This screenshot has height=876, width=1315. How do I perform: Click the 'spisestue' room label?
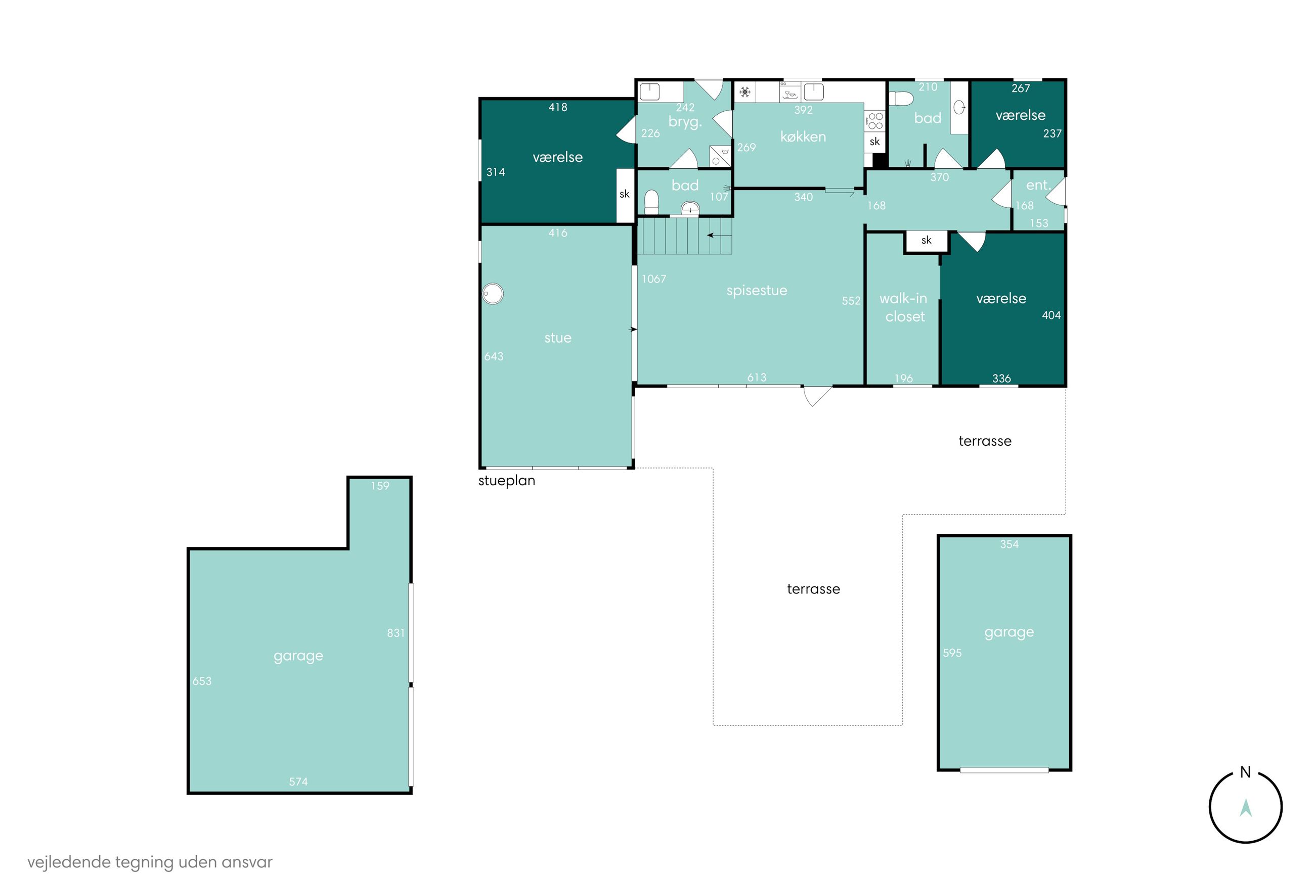(x=756, y=291)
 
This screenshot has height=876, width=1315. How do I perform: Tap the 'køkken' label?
(x=803, y=137)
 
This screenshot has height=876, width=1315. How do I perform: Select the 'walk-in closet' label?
(x=904, y=307)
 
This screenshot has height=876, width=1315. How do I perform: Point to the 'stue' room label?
(x=557, y=338)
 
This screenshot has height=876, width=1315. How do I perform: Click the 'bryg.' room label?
(x=685, y=122)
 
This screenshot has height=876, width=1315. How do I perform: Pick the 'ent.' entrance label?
(x=1037, y=185)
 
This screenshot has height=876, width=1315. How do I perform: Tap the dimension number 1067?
(x=653, y=279)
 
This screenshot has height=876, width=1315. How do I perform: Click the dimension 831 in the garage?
(x=395, y=633)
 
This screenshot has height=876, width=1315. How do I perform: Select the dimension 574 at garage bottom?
(x=298, y=781)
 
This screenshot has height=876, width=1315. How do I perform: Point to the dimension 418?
(x=557, y=107)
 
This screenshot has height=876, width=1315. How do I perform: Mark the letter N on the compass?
(x=1245, y=772)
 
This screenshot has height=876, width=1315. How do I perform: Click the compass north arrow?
(x=1245, y=808)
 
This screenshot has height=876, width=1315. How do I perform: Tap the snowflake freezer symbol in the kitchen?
(x=744, y=91)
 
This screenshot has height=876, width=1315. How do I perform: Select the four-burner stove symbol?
(x=875, y=121)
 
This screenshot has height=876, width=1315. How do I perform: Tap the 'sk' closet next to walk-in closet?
(x=926, y=240)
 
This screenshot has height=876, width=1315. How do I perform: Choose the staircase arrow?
(x=719, y=235)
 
